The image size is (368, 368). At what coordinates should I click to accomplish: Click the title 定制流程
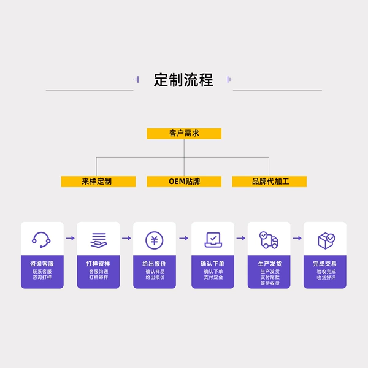click(x=183, y=80)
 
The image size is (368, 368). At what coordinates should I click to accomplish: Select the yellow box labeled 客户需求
click(x=184, y=133)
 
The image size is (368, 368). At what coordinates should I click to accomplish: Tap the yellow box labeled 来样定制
click(x=98, y=182)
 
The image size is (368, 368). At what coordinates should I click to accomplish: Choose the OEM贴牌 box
click(x=184, y=182)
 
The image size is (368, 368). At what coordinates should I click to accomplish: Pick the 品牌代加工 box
click(x=269, y=182)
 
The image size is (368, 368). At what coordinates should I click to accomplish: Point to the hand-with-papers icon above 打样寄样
click(x=99, y=240)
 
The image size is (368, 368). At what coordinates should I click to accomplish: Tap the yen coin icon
click(x=154, y=240)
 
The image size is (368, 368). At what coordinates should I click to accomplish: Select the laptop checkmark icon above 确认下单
click(x=213, y=240)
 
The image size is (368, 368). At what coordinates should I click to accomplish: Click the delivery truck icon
click(x=269, y=240)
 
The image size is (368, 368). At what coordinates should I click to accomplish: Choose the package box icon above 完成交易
click(x=326, y=241)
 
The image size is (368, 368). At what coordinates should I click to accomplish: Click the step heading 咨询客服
click(x=42, y=264)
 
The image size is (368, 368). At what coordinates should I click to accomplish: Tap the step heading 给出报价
click(x=154, y=264)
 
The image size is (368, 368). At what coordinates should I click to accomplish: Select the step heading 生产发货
click(x=270, y=264)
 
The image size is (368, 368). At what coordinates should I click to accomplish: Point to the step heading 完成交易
click(x=324, y=264)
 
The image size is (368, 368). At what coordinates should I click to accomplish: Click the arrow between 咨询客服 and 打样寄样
click(x=70, y=238)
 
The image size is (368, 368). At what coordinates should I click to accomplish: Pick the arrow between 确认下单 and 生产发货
click(x=241, y=238)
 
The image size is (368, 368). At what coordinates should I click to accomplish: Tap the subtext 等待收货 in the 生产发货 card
click(x=270, y=283)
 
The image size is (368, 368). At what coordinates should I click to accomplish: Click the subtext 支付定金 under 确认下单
click(x=213, y=277)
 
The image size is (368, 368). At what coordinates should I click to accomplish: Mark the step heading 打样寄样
click(x=98, y=264)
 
